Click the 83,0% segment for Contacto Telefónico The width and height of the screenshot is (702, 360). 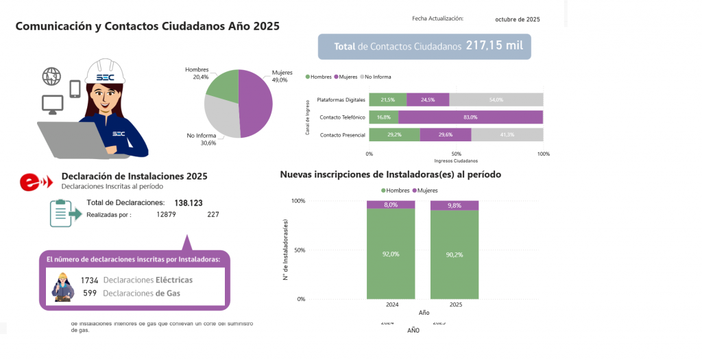(470, 117)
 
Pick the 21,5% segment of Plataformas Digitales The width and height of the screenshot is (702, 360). (387, 100)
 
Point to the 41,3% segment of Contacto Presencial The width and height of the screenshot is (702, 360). (507, 135)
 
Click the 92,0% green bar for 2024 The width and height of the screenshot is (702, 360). (390, 254)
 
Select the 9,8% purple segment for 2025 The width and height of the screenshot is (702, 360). (454, 205)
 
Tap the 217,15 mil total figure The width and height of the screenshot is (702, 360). (494, 46)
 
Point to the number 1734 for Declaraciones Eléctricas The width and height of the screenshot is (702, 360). (90, 280)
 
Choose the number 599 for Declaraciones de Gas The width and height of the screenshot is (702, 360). (90, 293)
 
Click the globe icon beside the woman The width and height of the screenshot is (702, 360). (51, 76)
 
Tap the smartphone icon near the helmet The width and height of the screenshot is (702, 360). (75, 88)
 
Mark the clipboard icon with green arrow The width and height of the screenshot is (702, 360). (64, 213)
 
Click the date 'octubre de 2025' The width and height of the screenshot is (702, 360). (517, 20)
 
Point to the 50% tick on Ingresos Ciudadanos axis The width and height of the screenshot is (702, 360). (456, 154)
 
